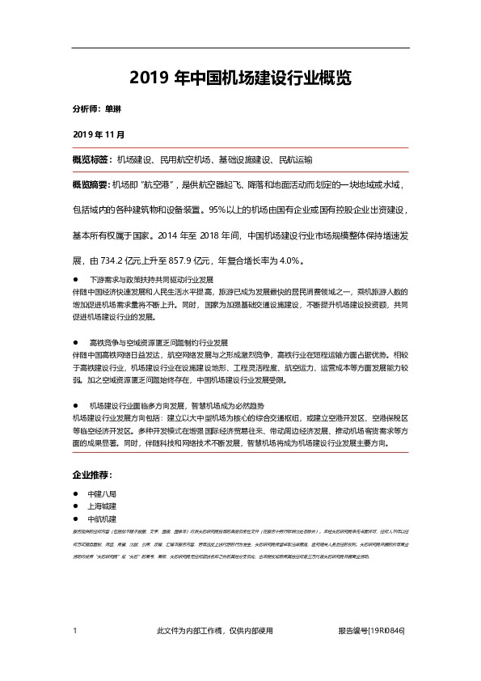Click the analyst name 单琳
click(x=113, y=108)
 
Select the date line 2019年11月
click(x=99, y=133)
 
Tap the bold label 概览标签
click(x=91, y=159)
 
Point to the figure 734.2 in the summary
click(x=118, y=261)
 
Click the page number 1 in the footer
click(x=74, y=631)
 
